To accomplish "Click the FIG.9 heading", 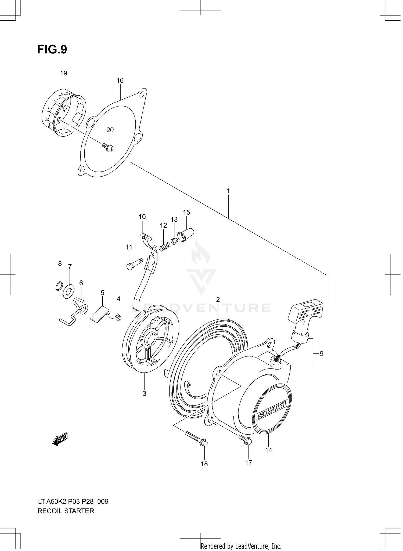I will point(52,49).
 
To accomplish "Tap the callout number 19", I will point(64,73).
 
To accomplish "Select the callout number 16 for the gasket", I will point(120,80).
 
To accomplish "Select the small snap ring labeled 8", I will point(59,286).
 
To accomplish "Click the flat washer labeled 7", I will point(68,291).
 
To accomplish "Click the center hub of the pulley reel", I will point(151,338).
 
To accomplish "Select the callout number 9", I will point(321,354).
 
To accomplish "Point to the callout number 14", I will point(269,450).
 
